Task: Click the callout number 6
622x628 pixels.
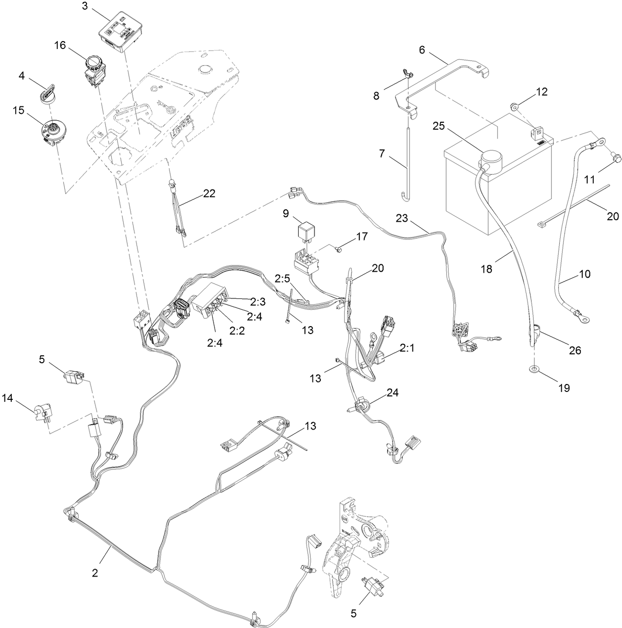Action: pyautogui.click(x=422, y=50)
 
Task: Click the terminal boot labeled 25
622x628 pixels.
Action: pyautogui.click(x=489, y=158)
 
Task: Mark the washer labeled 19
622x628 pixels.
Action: pyautogui.click(x=535, y=369)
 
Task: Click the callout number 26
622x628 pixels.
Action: pyautogui.click(x=575, y=350)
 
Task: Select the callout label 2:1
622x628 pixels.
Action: pyautogui.click(x=407, y=348)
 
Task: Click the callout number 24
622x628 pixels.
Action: pyautogui.click(x=392, y=393)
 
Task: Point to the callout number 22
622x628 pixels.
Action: pyautogui.click(x=209, y=193)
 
